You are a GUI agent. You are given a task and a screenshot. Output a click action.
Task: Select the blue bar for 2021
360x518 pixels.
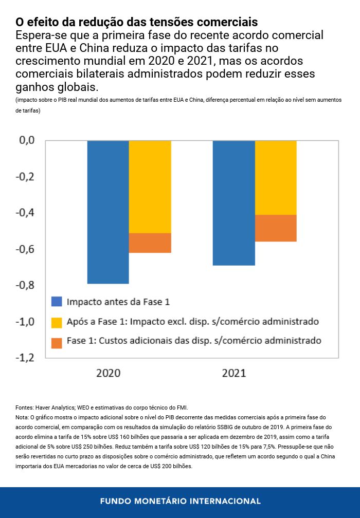[234, 202]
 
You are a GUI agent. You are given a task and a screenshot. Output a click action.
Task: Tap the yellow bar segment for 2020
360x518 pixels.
[150, 187]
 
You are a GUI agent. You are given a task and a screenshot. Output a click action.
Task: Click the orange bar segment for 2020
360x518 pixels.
[150, 243]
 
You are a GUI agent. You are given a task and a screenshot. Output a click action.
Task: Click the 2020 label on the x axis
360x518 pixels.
[108, 373]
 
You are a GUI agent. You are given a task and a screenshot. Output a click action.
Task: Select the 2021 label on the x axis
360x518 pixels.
[234, 373]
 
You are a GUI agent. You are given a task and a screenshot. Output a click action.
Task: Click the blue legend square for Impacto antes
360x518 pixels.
[57, 302]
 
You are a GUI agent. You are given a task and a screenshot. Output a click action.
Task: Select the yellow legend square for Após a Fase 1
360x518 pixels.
[57, 322]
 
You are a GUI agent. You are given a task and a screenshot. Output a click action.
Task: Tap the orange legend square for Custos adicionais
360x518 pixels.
[57, 342]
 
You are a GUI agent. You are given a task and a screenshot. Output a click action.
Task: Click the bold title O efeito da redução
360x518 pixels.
[136, 22]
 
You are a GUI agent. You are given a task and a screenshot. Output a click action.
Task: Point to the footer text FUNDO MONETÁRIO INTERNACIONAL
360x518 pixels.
[180, 501]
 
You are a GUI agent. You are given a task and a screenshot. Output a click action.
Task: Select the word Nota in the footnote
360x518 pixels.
[23, 417]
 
